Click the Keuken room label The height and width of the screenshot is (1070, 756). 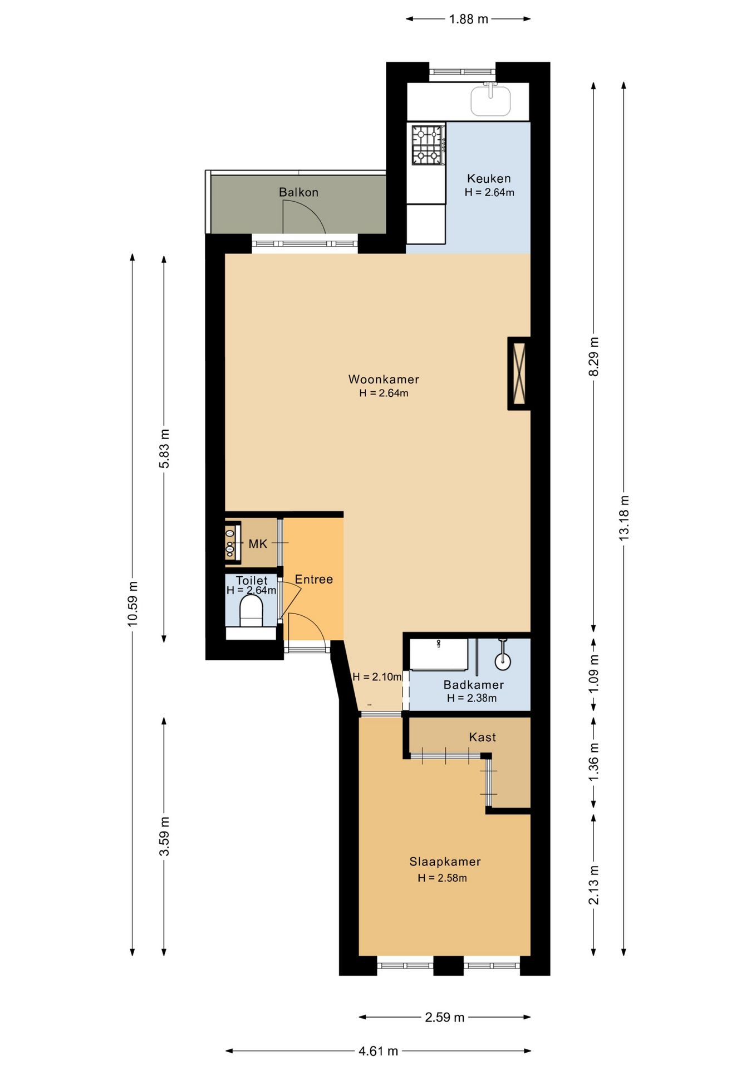coord(488,178)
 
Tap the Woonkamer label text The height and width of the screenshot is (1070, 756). coord(384,380)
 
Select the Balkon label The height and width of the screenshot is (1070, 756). coord(298,192)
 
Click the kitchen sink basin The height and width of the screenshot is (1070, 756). coord(490,100)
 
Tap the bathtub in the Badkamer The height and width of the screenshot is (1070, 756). coord(439,654)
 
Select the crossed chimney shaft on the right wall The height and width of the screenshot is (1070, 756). coord(519,373)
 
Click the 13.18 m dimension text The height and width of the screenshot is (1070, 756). coord(624,518)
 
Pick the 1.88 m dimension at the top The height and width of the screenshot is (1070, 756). coord(468,19)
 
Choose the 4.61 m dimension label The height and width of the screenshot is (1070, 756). coord(378,1051)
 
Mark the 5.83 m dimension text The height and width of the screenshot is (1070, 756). coord(164,449)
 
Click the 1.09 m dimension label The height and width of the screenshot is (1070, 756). coord(593,674)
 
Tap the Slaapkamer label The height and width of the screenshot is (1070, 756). coord(445,862)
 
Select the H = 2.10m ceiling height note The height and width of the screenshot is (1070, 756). coord(377,677)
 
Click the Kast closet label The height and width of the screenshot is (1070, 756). coord(482,737)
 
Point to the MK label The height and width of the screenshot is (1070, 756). coord(258,544)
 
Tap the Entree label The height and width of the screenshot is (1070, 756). coord(314,580)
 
